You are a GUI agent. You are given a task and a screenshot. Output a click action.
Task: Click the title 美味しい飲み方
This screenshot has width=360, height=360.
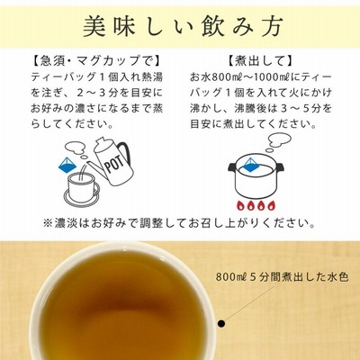pyautogui.click(x=183, y=26)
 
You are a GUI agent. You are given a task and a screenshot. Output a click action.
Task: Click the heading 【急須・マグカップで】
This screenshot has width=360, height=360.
pyautogui.click(x=96, y=61)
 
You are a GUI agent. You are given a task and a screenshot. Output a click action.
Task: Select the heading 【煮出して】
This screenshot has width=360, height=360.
pyautogui.click(x=260, y=61)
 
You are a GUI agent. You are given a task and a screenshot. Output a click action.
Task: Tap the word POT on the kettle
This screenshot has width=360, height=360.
pyautogui.click(x=114, y=165)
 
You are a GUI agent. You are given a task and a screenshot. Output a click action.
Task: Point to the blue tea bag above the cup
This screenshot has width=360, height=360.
pyautogui.click(x=67, y=165)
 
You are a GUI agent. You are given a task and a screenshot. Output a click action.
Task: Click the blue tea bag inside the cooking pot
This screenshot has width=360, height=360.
pyautogui.click(x=251, y=166)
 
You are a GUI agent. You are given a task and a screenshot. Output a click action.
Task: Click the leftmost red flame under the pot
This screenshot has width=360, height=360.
pyautogui.click(x=240, y=206)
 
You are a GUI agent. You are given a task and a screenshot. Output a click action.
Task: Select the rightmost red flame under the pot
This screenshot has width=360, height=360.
pyautogui.click(x=271, y=206)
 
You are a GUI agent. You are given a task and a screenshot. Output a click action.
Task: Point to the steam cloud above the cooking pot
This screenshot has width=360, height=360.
pyautogui.click(x=278, y=140)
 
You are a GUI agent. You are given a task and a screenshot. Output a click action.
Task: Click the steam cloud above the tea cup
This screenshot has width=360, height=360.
pyautogui.click(x=76, y=148)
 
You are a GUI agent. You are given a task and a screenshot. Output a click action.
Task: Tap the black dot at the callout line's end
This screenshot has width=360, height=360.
pyautogui.click(x=221, y=323)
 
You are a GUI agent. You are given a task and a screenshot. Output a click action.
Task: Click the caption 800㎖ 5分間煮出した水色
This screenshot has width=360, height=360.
pyautogui.click(x=282, y=276)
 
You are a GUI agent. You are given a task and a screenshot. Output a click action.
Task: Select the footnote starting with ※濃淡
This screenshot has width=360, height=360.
pyautogui.click(x=179, y=223)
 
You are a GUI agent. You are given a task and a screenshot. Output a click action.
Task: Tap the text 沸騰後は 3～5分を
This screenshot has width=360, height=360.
pyautogui.click(x=283, y=108)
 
